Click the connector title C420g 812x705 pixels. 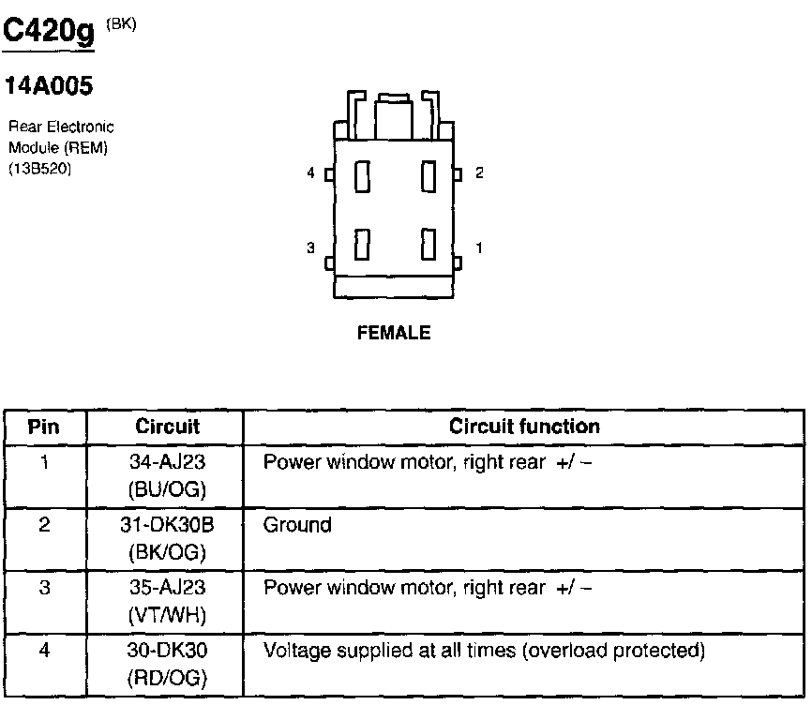tap(51, 34)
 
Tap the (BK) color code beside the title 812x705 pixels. tap(122, 25)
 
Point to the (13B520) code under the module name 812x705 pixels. tap(40, 169)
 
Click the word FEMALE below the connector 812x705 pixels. tap(394, 333)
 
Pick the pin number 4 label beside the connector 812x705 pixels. tap(310, 173)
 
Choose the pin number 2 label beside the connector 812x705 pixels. tap(479, 173)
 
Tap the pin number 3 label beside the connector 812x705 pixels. tap(310, 248)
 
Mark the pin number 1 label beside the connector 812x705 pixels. tap(479, 248)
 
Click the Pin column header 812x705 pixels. tap(44, 427)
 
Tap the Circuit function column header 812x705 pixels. tap(524, 427)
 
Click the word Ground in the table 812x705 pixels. tap(297, 525)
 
